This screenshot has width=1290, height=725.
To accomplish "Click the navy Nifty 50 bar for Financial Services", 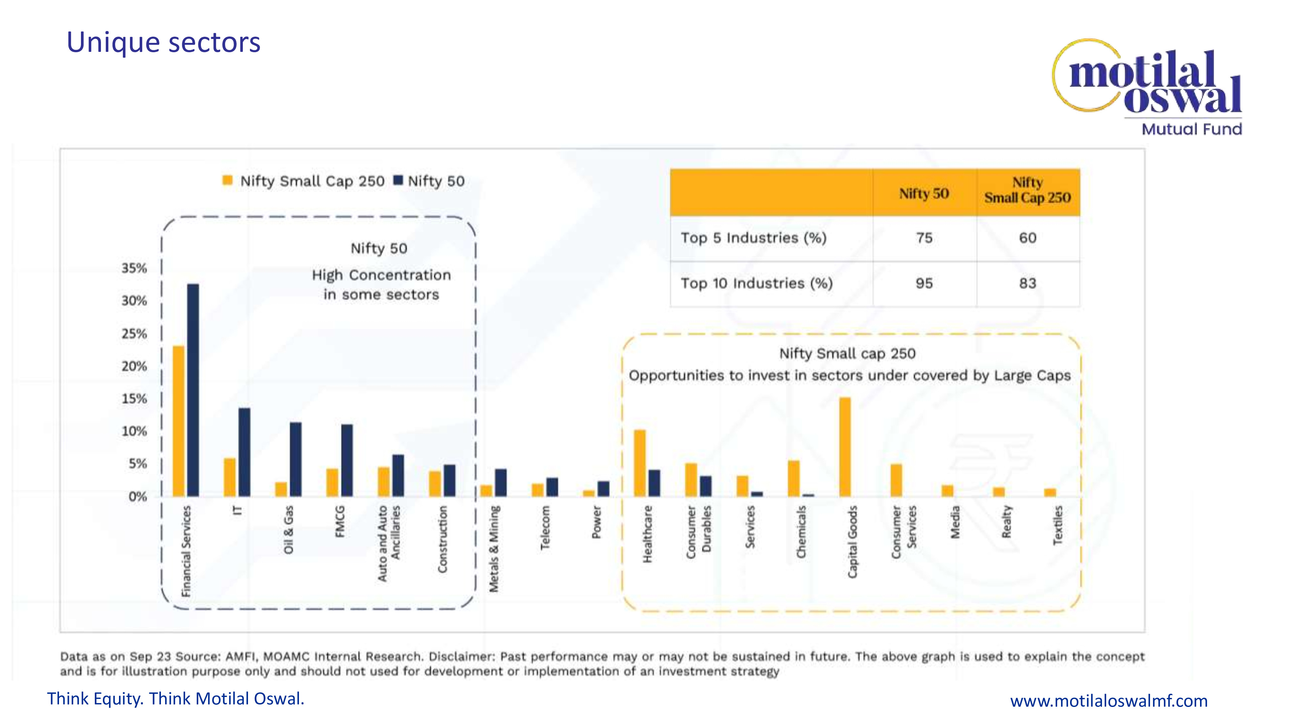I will tap(193, 390).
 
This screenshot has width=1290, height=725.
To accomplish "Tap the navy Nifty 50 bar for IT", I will tap(244, 452).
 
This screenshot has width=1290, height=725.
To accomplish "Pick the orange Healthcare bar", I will tap(640, 463).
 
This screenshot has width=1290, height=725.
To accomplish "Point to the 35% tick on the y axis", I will tap(134, 268).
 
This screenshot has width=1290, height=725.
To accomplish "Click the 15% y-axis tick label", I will tap(134, 399).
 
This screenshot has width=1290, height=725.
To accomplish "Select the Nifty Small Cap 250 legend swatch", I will tap(227, 180).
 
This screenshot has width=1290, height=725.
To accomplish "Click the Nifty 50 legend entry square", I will tap(398, 180).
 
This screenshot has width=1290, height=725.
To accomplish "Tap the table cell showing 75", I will tap(924, 238).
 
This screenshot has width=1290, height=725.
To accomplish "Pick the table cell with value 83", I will tap(1027, 283).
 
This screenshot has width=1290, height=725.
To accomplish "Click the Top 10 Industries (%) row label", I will tap(756, 283).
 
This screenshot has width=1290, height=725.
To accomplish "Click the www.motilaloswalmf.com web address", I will tap(1109, 701).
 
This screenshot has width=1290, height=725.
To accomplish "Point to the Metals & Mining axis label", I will tap(494, 549).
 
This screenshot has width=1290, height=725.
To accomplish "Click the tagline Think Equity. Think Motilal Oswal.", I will tap(176, 699).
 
